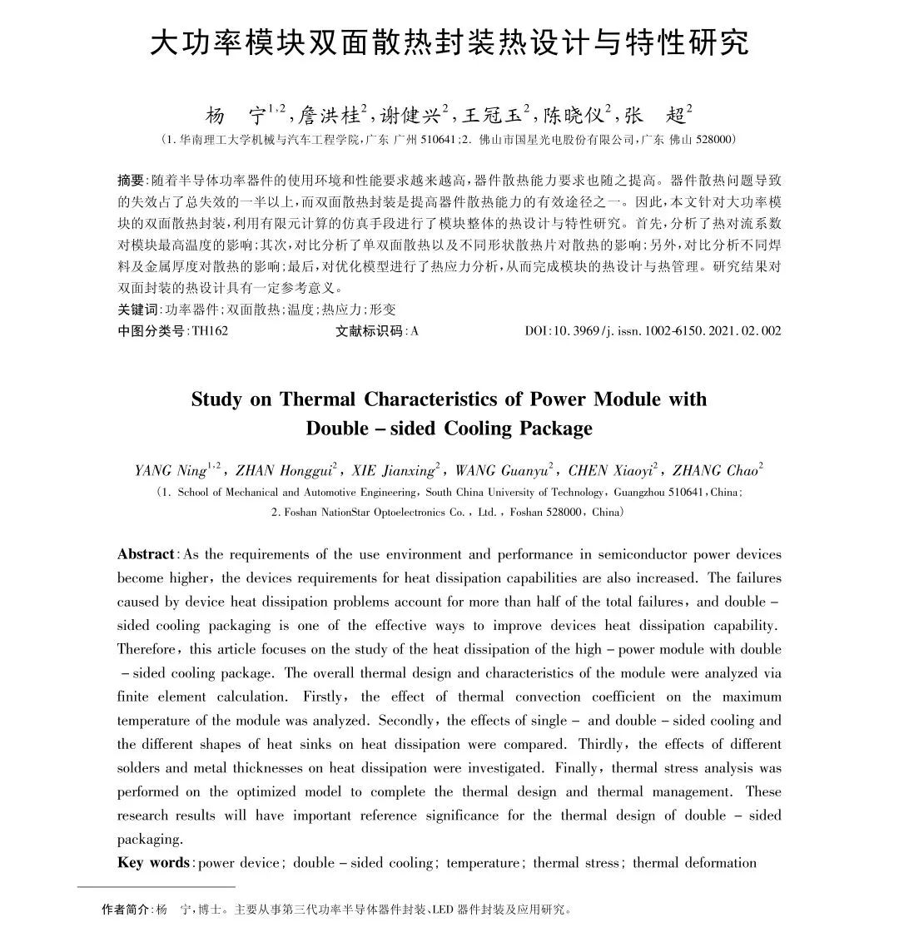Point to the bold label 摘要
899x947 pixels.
(131, 181)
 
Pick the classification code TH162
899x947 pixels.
(210, 331)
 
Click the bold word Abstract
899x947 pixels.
(146, 554)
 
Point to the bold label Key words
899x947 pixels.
(153, 862)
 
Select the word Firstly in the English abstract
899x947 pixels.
(327, 697)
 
